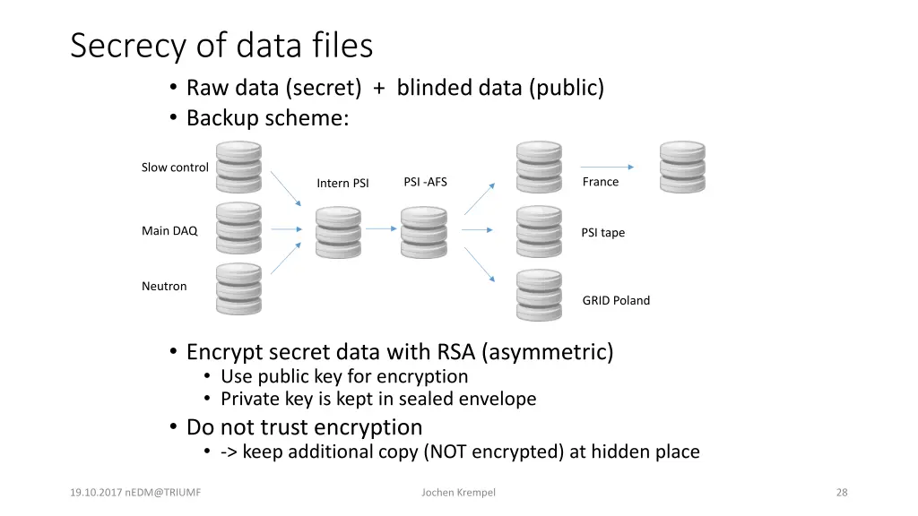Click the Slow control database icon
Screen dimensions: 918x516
[x=238, y=168]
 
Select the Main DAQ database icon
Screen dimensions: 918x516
[x=238, y=228]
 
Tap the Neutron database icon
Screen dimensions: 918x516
[x=238, y=289]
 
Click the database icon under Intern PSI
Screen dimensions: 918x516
[x=338, y=232]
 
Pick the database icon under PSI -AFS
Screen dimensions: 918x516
[x=424, y=232]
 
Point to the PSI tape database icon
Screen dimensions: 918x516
[x=539, y=232]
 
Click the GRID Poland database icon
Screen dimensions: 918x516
[x=539, y=295]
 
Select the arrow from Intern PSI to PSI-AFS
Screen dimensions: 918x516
[x=381, y=228]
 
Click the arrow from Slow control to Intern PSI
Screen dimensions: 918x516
[x=286, y=188]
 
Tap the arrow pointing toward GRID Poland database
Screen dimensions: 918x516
[x=480, y=264]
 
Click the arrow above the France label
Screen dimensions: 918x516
[x=607, y=167]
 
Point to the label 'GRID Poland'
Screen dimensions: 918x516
[x=616, y=300]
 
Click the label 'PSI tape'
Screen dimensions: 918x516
[x=603, y=233]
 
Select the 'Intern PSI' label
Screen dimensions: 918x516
[x=342, y=183]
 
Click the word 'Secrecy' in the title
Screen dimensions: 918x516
[x=127, y=46]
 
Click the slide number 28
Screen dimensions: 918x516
[x=842, y=493]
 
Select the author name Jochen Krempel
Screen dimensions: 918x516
[x=458, y=493]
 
